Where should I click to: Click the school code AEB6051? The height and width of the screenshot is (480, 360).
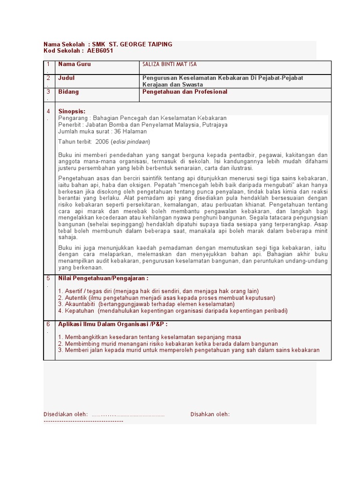pyautogui.click(x=100, y=51)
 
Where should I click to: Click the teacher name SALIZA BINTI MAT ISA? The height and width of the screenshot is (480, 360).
pyautogui.click(x=170, y=64)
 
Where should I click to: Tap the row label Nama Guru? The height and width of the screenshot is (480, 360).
pyautogui.click(x=75, y=64)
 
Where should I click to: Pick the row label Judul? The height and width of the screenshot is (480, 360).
pyautogui.click(x=67, y=78)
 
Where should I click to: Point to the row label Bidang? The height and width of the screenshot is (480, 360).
pyautogui.click(x=68, y=92)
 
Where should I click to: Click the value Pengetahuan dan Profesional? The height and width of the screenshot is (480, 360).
pyautogui.click(x=185, y=92)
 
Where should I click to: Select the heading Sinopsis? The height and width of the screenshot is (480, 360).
pyautogui.click(x=72, y=112)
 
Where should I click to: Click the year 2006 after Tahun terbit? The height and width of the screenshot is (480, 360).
pyautogui.click(x=102, y=142)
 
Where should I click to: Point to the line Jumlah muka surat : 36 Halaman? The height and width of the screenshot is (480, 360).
pyautogui.click(x=102, y=132)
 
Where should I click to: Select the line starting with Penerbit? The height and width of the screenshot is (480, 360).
pyautogui.click(x=142, y=125)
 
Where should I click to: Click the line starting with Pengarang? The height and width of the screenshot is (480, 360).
pyautogui.click(x=142, y=118)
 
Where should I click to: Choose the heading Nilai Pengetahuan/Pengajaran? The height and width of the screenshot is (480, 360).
pyautogui.click(x=103, y=278)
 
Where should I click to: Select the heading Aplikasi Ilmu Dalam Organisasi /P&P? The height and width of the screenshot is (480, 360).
pyautogui.click(x=112, y=324)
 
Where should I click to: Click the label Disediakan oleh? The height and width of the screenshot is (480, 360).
pyautogui.click(x=66, y=414)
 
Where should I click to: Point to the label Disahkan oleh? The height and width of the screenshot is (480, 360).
pyautogui.click(x=210, y=414)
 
